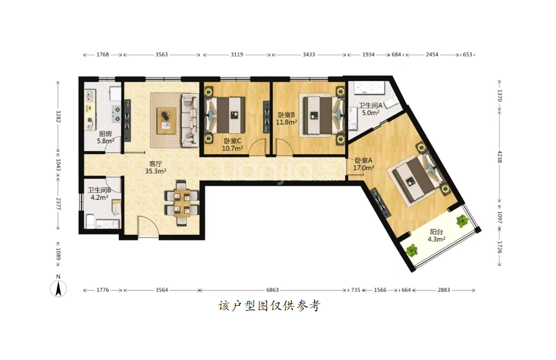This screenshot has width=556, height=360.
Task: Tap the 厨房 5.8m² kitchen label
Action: (106, 137)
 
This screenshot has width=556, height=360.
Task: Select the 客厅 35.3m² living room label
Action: (156, 167)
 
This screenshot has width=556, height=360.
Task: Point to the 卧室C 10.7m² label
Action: (233, 144)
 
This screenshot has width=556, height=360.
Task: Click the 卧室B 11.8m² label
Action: (286, 118)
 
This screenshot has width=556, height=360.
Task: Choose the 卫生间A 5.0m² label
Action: (370, 109)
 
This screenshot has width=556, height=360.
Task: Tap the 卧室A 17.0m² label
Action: (363, 164)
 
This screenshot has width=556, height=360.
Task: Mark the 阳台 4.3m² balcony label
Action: (437, 235)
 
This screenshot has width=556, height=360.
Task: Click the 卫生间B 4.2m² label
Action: (99, 194)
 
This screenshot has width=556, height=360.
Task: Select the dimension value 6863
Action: (272, 290)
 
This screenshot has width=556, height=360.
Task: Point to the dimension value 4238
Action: (499, 157)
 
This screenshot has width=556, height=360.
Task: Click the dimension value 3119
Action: (237, 54)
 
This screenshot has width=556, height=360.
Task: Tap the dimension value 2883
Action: (443, 290)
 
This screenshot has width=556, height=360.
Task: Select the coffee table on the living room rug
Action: (166, 121)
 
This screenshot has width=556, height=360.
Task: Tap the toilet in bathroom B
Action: (90, 221)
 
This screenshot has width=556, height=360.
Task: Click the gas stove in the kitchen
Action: (116, 114)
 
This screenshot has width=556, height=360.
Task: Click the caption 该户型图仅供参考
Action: (270, 306)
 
